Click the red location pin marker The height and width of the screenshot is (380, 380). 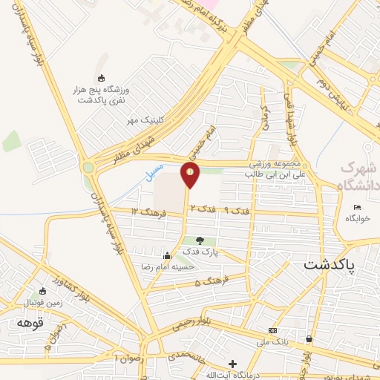click(191, 174)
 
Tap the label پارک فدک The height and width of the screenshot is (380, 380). click(199, 252)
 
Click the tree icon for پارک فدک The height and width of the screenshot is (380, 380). click(198, 240)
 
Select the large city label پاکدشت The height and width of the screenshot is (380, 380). click(330, 263)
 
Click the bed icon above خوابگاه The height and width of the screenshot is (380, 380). click(357, 207)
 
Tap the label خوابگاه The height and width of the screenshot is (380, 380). click(357, 219)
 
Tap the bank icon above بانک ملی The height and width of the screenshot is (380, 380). click(273, 330)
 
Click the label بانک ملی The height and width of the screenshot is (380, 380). click(273, 341)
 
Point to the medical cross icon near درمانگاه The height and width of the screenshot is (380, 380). click(233, 364)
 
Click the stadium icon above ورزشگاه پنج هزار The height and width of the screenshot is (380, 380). click(102, 78)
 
